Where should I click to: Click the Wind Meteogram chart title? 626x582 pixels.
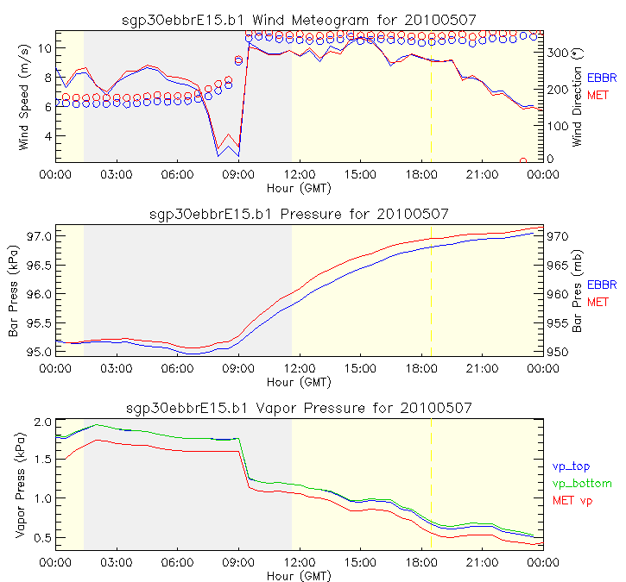[x=299, y=19]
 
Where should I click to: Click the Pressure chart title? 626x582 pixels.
[x=299, y=213]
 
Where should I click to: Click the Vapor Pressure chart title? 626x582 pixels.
[x=299, y=407]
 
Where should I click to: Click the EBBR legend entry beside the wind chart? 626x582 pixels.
[x=602, y=78]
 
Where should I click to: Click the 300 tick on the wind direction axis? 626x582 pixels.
[x=557, y=53]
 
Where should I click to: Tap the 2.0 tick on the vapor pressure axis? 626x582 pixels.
[x=42, y=422]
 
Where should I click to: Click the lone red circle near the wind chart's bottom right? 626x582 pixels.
[x=523, y=160]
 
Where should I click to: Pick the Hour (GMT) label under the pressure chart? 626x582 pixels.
[x=299, y=381]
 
